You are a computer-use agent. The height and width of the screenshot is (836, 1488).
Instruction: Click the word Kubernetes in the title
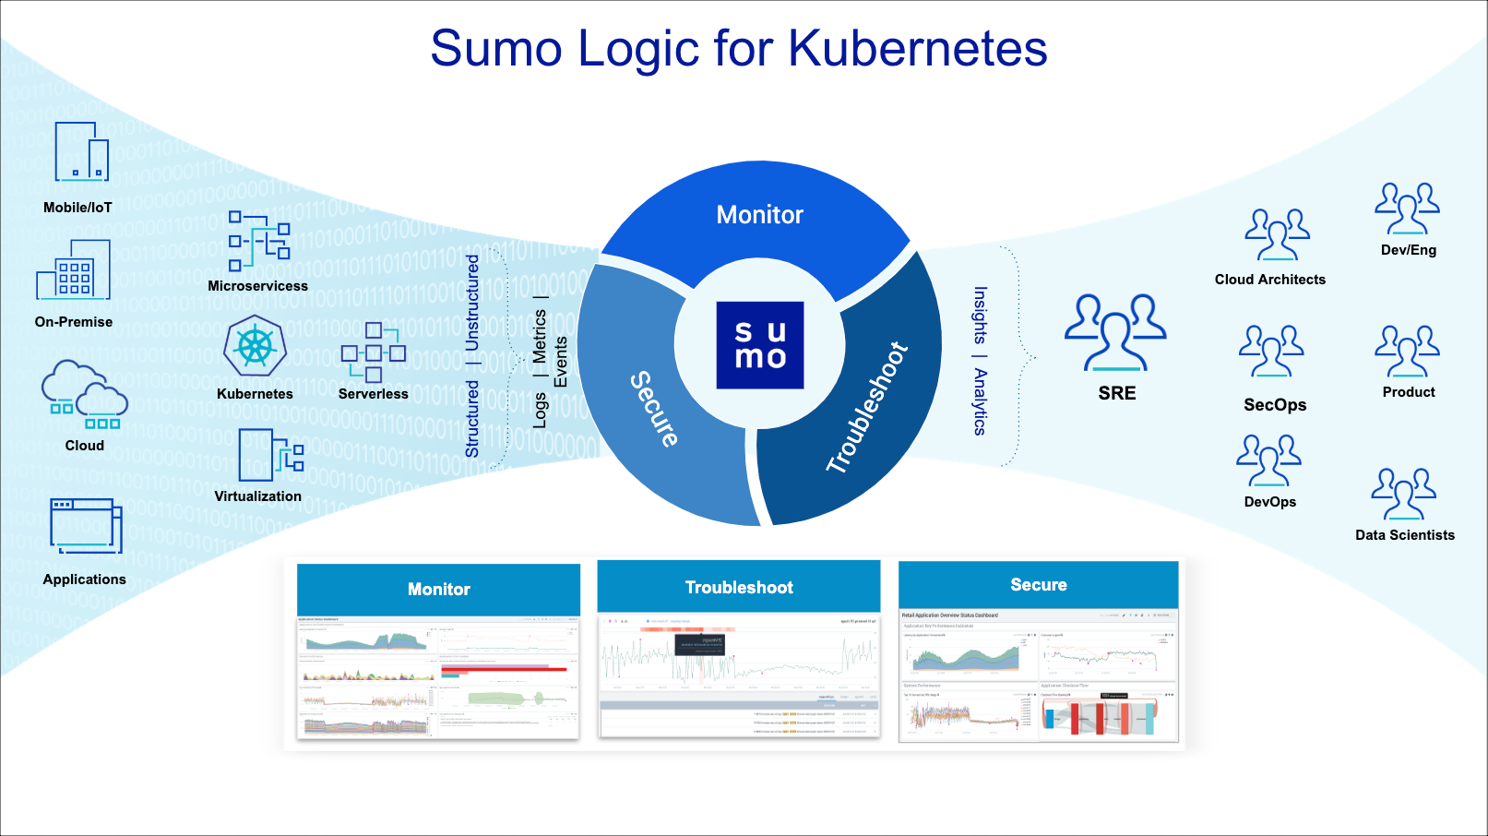(917, 48)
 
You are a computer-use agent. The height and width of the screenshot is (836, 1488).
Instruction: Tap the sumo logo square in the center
(760, 345)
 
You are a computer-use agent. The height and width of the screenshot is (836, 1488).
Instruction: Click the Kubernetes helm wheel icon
(256, 346)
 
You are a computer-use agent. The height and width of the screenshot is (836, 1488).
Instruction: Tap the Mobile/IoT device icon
(81, 152)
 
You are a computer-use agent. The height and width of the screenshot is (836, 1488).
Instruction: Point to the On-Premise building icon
(74, 270)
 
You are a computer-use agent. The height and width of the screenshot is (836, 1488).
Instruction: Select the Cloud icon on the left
(84, 396)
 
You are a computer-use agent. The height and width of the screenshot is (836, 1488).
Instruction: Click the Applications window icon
(85, 526)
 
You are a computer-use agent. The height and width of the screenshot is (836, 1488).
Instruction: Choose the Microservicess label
(257, 286)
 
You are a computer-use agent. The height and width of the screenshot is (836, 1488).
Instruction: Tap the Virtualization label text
(257, 496)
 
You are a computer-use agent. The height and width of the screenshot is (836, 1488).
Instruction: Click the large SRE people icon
(1115, 332)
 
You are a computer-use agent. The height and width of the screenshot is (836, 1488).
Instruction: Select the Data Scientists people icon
(1403, 494)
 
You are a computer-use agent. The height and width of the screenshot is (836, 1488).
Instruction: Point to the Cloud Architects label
(1269, 280)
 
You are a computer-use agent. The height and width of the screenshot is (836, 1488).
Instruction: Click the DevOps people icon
(1268, 460)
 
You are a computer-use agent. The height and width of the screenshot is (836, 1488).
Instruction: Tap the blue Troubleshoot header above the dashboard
(739, 587)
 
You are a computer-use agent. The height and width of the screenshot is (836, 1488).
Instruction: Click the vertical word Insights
(980, 315)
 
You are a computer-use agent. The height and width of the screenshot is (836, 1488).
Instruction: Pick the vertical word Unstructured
(472, 302)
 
